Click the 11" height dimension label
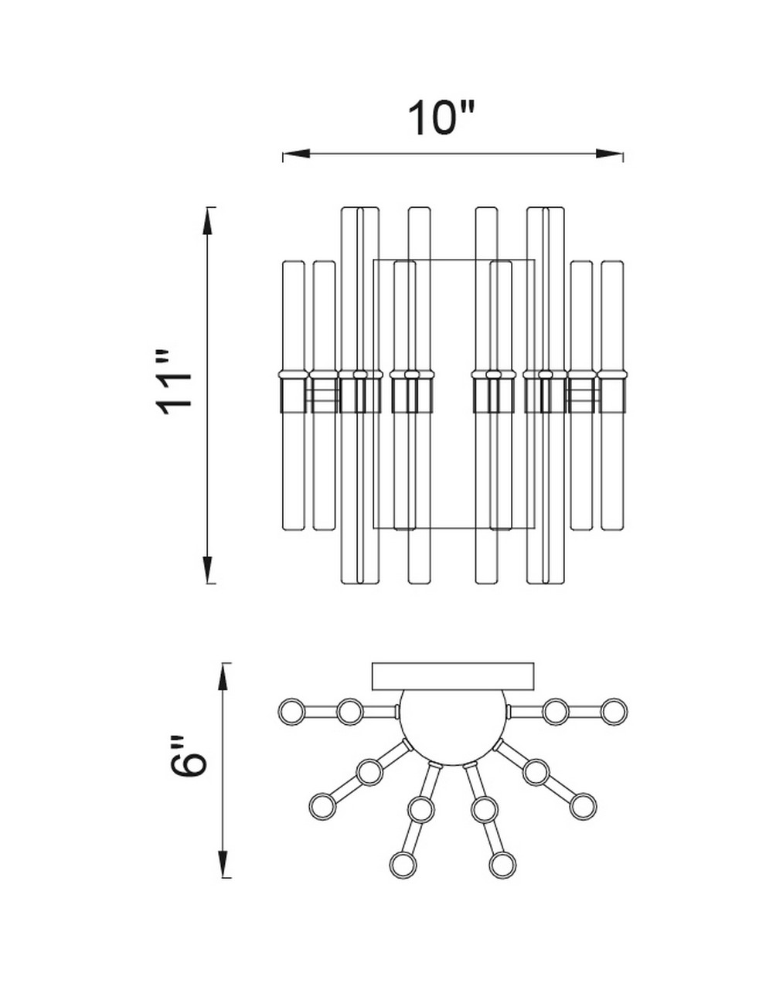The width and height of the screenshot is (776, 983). pyautogui.click(x=173, y=383)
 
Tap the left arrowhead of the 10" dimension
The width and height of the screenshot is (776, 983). pyautogui.click(x=296, y=154)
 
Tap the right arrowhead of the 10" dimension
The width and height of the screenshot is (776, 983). pyautogui.click(x=610, y=154)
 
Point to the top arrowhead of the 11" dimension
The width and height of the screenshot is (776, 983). pyautogui.click(x=209, y=221)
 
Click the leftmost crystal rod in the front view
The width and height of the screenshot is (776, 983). pyautogui.click(x=294, y=396)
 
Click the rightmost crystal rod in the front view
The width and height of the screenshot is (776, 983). pyautogui.click(x=612, y=396)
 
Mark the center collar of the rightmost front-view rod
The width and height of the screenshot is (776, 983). pyautogui.click(x=612, y=392)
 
